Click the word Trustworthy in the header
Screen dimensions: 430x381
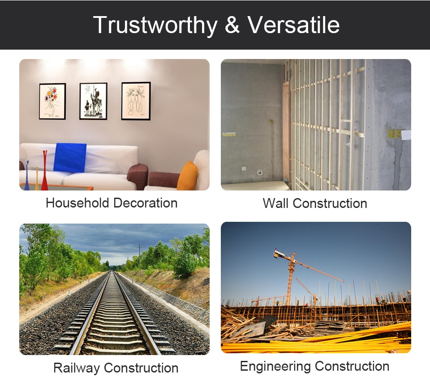coord(155,25)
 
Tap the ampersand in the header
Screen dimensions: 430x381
coord(232,25)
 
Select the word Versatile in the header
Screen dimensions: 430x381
coord(294,25)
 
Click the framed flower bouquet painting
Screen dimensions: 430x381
coord(52,101)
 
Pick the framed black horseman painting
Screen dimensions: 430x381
coord(93,101)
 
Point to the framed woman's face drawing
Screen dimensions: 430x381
coord(136,101)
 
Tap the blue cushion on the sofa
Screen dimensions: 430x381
coord(70,158)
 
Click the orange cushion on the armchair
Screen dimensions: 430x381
coord(188,176)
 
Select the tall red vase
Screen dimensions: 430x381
coord(44,170)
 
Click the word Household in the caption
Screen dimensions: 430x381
coord(77,203)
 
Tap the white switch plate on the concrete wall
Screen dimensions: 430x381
coord(406,135)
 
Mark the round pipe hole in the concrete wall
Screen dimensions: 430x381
coord(259,173)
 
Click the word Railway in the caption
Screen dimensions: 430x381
coord(77,368)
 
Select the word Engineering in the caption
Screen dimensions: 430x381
coord(275,367)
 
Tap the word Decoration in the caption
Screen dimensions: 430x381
coord(145,203)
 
